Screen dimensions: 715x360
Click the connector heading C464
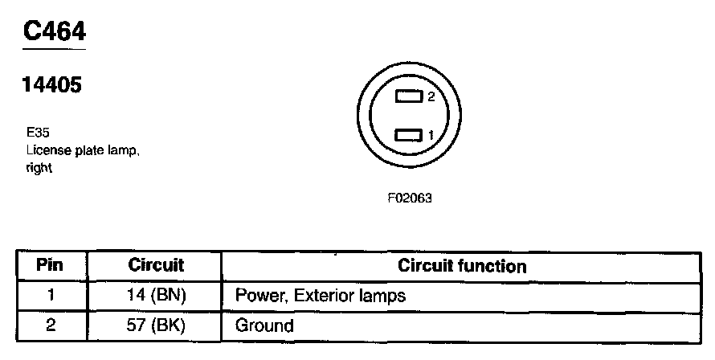coord(54,31)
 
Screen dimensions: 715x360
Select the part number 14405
coord(54,85)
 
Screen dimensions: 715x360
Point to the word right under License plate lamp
coord(38,169)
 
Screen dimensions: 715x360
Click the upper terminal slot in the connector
coord(410,97)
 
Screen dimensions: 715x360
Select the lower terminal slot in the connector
coord(410,135)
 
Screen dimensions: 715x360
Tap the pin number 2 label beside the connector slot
coord(431,97)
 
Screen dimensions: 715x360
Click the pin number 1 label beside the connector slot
coord(431,135)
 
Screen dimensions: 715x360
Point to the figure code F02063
coord(410,197)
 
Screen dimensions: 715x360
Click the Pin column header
coord(51,265)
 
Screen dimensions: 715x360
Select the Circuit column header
coord(156,265)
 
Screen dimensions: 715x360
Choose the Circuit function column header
coord(462,265)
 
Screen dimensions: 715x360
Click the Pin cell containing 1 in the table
coord(51,295)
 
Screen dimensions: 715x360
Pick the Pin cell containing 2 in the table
coord(51,325)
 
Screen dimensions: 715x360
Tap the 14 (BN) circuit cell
coord(156,295)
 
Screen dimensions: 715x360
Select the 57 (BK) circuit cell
coord(156,325)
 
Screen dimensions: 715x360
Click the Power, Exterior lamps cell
coord(320,296)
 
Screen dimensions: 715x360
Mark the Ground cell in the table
coord(264,326)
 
